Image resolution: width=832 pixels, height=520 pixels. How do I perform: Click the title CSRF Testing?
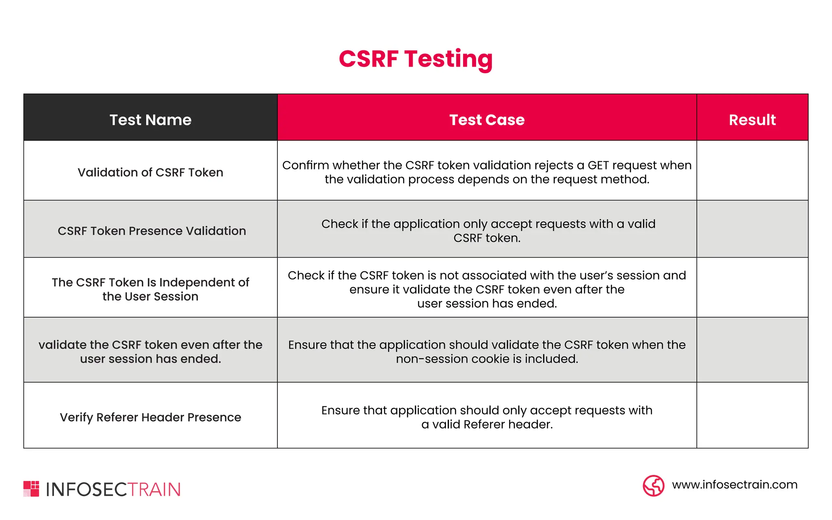(416, 59)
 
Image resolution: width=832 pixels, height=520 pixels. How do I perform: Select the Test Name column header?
(150, 120)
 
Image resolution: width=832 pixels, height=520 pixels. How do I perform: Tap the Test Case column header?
(487, 120)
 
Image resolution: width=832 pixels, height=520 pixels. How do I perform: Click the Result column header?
(752, 120)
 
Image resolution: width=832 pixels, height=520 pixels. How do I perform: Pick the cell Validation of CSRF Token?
(150, 172)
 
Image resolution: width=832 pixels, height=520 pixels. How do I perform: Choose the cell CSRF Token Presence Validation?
(152, 231)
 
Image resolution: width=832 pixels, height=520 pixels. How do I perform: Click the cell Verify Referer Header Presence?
(150, 417)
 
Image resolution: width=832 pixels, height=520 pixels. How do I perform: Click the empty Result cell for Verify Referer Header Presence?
(752, 415)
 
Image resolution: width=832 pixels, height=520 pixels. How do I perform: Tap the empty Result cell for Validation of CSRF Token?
(752, 171)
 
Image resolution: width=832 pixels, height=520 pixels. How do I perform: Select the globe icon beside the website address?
(653, 485)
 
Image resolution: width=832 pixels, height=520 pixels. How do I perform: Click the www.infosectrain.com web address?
(734, 485)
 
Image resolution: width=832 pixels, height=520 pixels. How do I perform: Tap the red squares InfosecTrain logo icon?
(31, 489)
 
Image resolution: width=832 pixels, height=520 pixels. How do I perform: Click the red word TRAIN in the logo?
(154, 490)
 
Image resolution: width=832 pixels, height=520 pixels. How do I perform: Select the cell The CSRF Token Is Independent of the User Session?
(150, 289)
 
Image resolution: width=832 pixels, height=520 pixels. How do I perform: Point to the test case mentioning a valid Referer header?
(487, 417)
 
